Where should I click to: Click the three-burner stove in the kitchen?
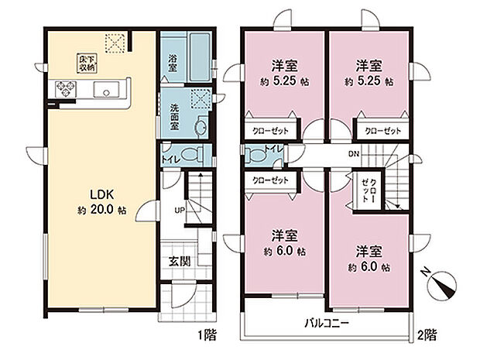62,90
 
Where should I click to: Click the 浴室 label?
172,63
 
